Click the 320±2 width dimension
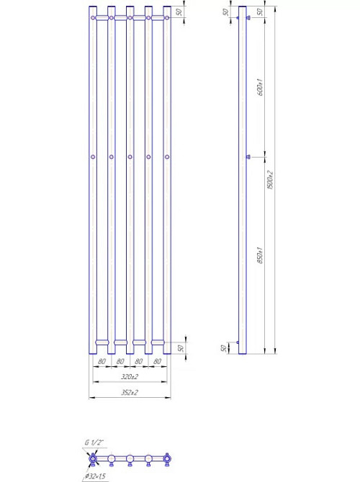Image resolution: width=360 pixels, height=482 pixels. click(130, 376)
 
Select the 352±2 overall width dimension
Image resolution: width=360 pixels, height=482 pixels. click(130, 393)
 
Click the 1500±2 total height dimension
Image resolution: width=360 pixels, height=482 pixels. click(269, 180)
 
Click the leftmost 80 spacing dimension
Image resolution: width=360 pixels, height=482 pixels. click(102, 360)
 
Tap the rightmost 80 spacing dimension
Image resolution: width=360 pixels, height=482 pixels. click(158, 360)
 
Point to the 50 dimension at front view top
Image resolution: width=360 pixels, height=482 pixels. click(180, 12)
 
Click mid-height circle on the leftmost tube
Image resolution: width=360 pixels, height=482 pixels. click(93, 157)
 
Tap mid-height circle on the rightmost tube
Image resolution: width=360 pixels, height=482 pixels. click(167, 157)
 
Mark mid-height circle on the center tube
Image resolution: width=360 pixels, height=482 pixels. click(130, 157)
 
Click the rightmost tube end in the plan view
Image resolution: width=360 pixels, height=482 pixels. click(167, 458)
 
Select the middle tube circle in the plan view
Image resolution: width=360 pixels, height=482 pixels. click(130, 458)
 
